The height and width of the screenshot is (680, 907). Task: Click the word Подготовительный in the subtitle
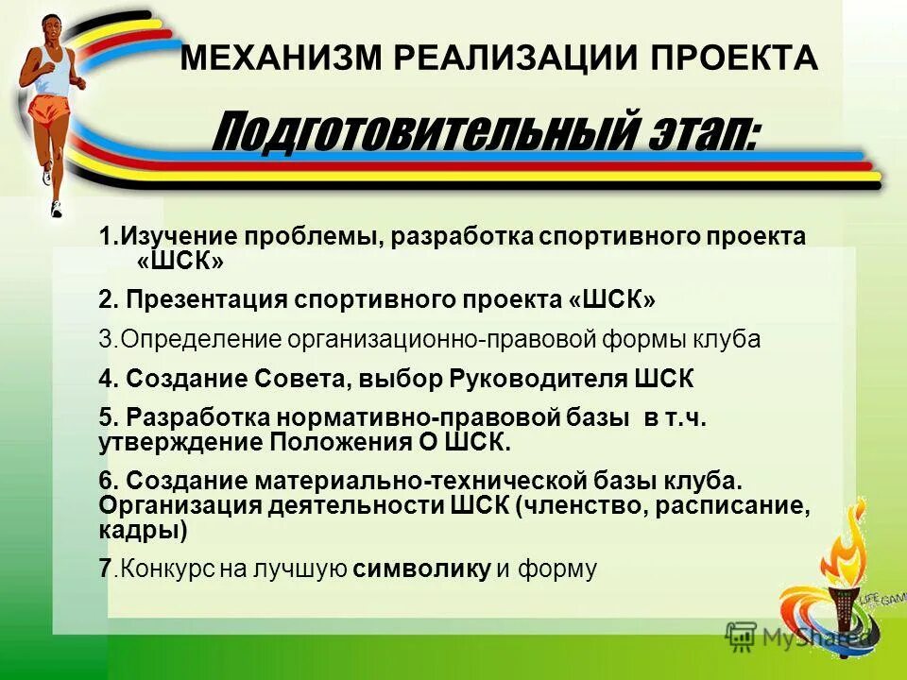pos(405,131)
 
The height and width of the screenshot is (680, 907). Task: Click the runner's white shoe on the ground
pos(57,208)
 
